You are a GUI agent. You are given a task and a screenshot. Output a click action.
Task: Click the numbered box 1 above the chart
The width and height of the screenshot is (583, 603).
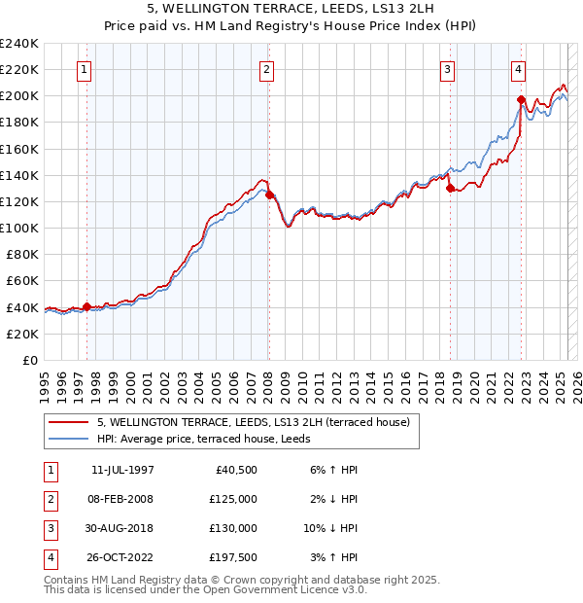coord(85,69)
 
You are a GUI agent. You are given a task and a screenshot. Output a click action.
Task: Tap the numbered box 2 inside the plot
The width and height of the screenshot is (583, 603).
coord(266,69)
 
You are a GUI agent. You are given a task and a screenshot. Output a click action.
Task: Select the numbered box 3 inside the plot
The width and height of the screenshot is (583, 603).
coord(448,69)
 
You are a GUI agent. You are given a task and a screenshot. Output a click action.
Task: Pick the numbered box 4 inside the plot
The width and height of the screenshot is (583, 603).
coord(519,69)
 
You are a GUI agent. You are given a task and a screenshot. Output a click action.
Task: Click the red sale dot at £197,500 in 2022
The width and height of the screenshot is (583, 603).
coord(522,99)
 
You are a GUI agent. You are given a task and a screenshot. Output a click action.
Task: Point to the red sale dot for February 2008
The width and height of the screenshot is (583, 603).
coord(269,195)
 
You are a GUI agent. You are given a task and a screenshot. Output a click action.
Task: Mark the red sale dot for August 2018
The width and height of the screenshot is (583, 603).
coord(451,189)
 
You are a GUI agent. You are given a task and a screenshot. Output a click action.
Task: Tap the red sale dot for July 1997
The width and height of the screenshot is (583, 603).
coord(87,306)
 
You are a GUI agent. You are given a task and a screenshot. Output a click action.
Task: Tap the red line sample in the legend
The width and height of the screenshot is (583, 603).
coord(68,422)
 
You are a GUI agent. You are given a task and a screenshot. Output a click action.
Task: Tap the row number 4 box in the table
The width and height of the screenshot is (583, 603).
coord(50,557)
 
